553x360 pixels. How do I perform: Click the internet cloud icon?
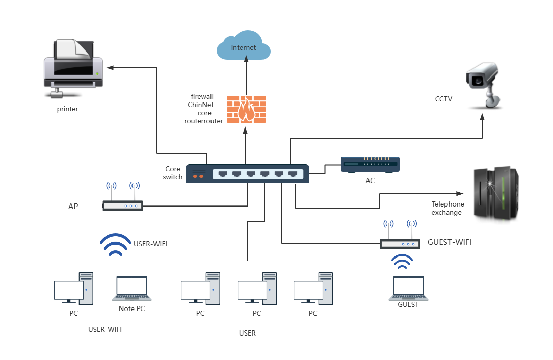pos(243,46)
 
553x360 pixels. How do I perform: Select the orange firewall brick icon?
pos(246,110)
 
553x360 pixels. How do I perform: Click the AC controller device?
pos(370,164)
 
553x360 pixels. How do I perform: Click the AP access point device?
pos(123,205)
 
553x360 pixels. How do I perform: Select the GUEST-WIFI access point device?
pos(400,244)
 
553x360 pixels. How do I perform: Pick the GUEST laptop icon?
pos(408,289)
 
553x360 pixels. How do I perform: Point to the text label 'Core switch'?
pos(173,173)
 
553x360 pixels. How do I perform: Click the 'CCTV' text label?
pos(443,99)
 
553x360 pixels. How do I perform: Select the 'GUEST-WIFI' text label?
pos(449,242)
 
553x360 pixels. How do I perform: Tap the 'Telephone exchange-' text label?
pos(448,208)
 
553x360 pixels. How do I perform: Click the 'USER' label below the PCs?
pos(247,333)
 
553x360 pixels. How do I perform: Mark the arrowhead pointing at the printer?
pos(109,67)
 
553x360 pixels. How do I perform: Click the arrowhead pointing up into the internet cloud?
pos(246,59)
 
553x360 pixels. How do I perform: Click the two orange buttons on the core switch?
pos(198,176)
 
